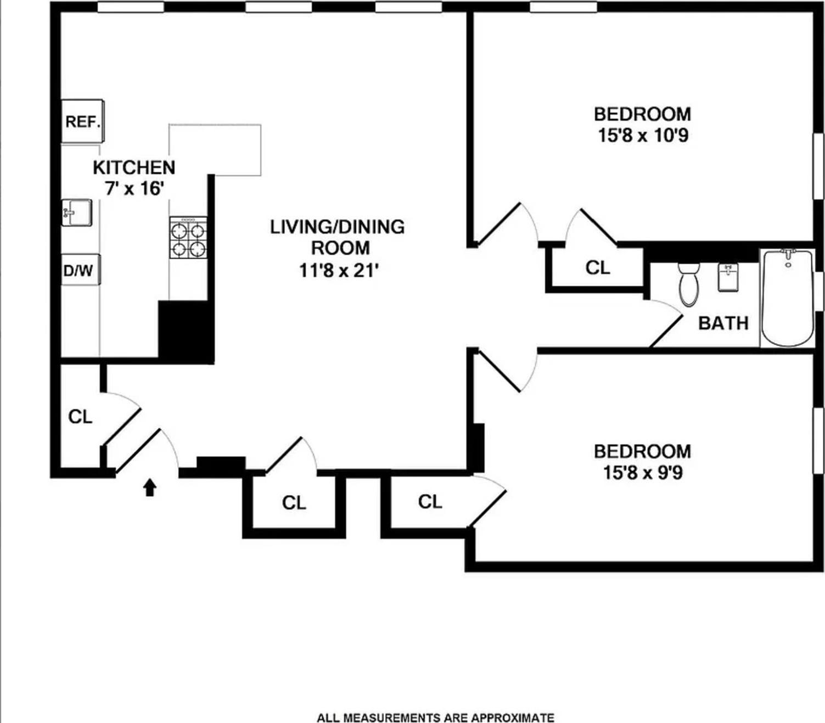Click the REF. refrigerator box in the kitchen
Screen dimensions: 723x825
point(82,121)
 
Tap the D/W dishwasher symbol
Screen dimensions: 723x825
point(80,270)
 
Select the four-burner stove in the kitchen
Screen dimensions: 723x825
point(188,238)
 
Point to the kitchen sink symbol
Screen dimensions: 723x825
point(76,212)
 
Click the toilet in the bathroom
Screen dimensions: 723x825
point(688,284)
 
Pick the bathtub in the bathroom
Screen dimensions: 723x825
point(787,298)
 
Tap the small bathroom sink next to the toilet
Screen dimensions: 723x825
point(728,277)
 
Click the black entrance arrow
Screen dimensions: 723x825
point(150,487)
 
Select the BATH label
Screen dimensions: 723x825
point(723,323)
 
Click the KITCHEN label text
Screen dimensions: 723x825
point(134,167)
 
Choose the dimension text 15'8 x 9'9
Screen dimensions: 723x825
point(643,472)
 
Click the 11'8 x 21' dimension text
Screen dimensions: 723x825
point(339,270)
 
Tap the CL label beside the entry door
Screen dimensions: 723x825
point(80,417)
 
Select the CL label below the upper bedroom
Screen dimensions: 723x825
point(598,267)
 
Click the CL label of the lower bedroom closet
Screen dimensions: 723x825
point(430,501)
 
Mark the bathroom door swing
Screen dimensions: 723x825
point(666,324)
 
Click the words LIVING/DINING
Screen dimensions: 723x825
point(337,227)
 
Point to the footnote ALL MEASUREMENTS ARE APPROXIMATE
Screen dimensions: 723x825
point(435,718)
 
